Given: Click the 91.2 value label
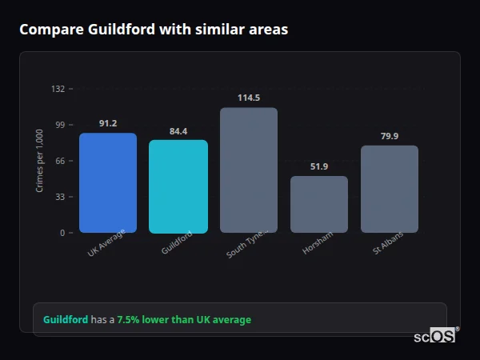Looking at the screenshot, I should (108, 123).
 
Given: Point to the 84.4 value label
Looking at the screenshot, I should (178, 131).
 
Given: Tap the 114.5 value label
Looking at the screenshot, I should (249, 98).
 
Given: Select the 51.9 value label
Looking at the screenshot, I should (319, 166).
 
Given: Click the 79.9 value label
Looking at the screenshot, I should (390, 136).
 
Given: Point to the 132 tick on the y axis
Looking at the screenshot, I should (58, 89).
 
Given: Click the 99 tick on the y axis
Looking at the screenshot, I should (59, 125).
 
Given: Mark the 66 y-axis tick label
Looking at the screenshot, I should (59, 161).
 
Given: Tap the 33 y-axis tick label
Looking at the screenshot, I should (59, 197).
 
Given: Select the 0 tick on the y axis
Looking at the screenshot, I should (62, 233).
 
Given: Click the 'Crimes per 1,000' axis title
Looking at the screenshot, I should (40, 161).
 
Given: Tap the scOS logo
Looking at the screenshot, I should (434, 336).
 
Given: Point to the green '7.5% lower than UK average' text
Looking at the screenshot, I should (184, 320).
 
